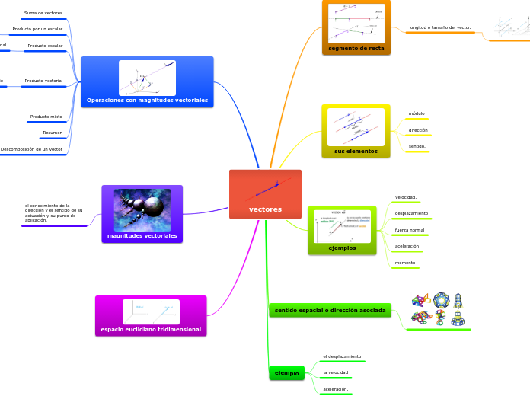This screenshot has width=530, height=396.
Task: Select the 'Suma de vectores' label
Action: (x=43, y=13)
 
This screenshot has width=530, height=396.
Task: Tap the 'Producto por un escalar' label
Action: (x=37, y=29)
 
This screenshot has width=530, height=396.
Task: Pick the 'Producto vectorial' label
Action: (x=43, y=80)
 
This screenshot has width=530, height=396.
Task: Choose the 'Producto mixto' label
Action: (x=46, y=117)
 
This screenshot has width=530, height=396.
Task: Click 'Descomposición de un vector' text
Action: (x=31, y=149)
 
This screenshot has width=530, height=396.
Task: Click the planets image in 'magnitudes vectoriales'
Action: (x=142, y=209)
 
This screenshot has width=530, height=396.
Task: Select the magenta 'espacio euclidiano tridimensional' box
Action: (x=151, y=329)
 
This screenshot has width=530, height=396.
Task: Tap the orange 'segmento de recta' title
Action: (x=356, y=48)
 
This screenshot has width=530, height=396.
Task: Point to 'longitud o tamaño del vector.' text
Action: (x=439, y=27)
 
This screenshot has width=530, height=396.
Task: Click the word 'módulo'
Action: (x=417, y=113)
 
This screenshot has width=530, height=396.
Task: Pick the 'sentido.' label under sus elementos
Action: (x=417, y=145)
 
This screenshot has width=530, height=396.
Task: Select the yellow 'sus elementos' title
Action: (x=356, y=151)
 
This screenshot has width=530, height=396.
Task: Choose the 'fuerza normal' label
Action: (x=410, y=229)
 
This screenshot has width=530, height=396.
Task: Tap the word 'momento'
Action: (x=405, y=263)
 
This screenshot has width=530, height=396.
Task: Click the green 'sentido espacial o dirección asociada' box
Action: (x=330, y=310)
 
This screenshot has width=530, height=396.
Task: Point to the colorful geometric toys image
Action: (x=438, y=309)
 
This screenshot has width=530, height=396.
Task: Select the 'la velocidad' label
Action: (x=336, y=372)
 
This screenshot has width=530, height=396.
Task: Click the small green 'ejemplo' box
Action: (x=286, y=373)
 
